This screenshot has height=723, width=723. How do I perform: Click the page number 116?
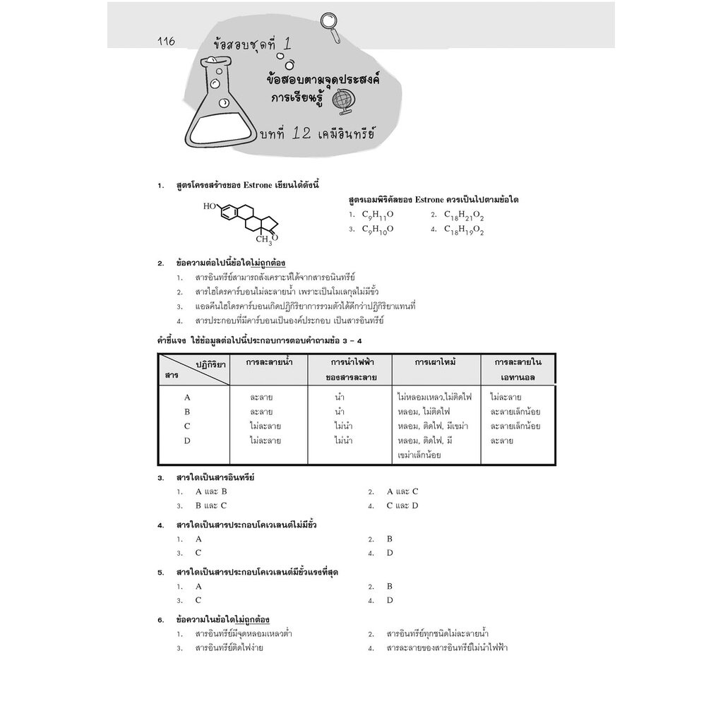pos(166,41)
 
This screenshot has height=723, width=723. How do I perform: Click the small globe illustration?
pos(342,101)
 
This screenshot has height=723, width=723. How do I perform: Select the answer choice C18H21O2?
pos(464,215)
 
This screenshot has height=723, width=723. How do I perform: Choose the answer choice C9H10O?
pos(378,229)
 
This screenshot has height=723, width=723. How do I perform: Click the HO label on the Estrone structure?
pos(209,206)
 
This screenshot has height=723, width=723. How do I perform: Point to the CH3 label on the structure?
pos(264,240)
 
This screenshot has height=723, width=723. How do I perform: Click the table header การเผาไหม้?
pos(435,362)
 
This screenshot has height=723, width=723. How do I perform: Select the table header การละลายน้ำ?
pos(269,362)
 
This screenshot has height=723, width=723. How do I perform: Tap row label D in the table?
pos(186,441)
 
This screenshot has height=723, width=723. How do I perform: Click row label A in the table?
pos(186,398)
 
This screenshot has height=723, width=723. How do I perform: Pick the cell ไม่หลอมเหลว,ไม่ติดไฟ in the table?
pos(434,397)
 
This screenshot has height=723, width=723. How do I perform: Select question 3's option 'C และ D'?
pos(402,506)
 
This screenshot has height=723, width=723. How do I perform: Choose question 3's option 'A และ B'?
pos(211,491)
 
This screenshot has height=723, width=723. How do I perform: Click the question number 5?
pos(160,573)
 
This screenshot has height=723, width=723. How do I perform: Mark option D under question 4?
pos(390,554)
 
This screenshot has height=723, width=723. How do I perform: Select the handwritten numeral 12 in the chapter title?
pos(301,133)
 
